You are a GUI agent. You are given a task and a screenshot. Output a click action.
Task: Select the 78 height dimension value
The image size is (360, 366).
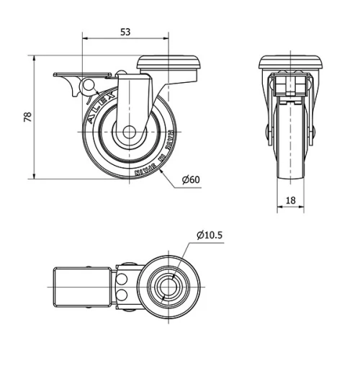(x=28, y=117)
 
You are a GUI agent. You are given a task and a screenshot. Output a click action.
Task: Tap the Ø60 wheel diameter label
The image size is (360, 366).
(x=190, y=179)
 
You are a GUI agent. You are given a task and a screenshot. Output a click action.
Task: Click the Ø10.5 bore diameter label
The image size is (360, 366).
(x=209, y=234)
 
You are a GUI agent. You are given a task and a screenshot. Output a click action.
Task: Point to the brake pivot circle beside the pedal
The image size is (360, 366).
(x=90, y=86)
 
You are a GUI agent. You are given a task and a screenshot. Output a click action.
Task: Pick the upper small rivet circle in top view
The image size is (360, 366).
(x=122, y=278)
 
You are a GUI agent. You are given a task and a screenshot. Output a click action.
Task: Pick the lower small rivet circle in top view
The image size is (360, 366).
(x=122, y=295)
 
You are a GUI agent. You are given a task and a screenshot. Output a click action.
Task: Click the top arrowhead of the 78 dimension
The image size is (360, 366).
(x=35, y=58)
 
